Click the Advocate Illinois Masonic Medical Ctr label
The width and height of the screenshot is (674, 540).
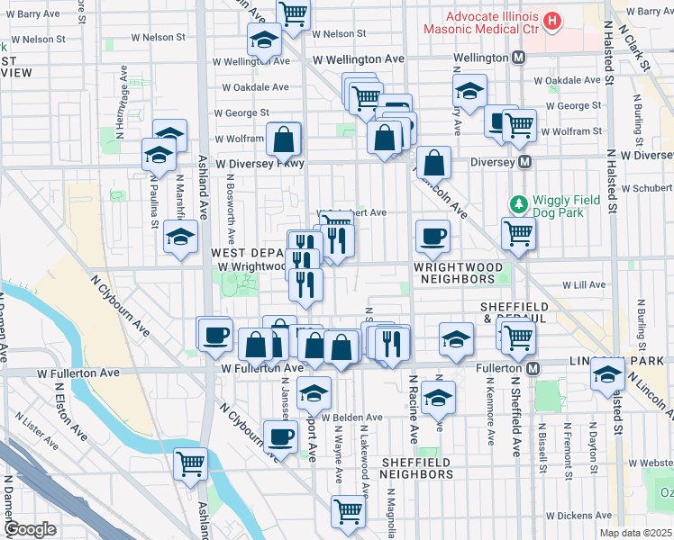[x=490, y=23]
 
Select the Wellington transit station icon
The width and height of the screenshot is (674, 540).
[x=519, y=58]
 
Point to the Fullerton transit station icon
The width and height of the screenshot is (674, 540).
[x=534, y=369]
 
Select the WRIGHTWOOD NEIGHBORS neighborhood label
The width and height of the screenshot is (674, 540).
[x=455, y=274]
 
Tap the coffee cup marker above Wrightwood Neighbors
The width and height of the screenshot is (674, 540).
[x=433, y=237]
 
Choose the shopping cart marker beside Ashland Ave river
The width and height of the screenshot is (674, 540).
[x=191, y=464]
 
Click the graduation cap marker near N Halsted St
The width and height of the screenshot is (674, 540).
[x=608, y=374]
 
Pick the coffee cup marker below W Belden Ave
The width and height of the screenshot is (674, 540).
[x=280, y=436]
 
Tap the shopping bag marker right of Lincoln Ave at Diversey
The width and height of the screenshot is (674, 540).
[x=434, y=163]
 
